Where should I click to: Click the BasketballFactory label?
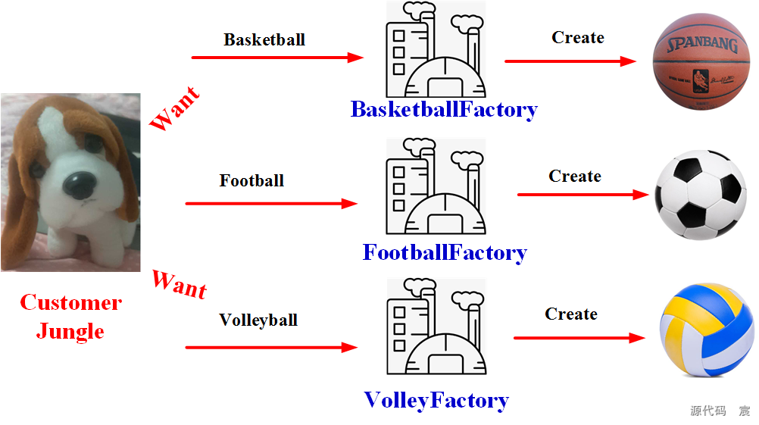[444, 110]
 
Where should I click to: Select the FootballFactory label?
[445, 252]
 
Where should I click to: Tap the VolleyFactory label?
[436, 400]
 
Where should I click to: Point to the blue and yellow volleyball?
[706, 331]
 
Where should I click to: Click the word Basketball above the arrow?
[264, 39]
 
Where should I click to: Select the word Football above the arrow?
[251, 181]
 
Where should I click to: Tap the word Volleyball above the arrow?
[258, 320]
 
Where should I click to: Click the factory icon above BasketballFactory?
[435, 49]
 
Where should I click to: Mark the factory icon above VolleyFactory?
[435, 327]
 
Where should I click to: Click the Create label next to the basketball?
[578, 38]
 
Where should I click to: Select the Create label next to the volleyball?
[571, 314]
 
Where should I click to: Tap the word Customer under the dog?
[70, 303]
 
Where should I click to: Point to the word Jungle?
[70, 331]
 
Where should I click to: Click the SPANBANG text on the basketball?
[702, 44]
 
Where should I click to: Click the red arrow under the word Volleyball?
[270, 348]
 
